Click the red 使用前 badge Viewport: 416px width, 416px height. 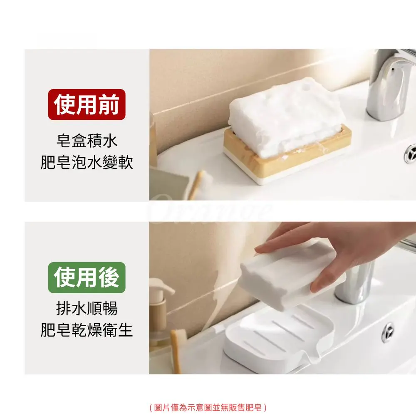(87, 104)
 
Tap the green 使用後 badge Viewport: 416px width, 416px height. (87, 277)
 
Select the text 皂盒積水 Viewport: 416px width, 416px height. (87, 141)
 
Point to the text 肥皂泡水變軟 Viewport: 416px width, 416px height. (87, 162)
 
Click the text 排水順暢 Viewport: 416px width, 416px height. (87, 308)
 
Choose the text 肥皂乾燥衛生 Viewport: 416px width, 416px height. (87, 330)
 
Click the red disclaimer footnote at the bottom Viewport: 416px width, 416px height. (208, 407)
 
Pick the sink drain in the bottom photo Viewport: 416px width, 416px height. (388, 332)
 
